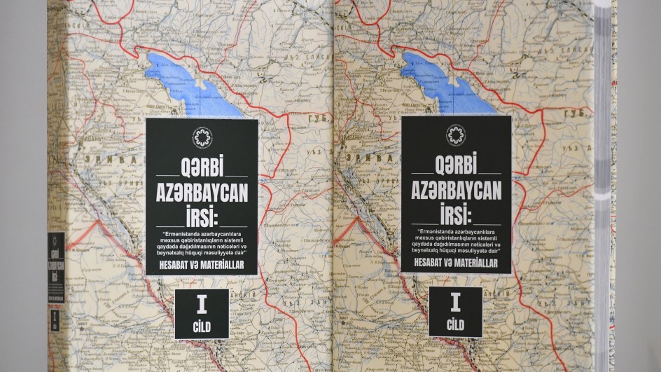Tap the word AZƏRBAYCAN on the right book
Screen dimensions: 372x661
456,190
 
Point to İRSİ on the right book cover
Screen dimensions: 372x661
456,212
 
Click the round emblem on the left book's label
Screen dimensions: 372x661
202,137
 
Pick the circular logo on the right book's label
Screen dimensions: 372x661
456,135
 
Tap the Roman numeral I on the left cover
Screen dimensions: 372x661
202,305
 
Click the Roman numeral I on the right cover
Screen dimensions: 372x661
455,303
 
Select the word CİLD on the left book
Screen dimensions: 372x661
202,326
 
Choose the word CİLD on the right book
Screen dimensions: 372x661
455,324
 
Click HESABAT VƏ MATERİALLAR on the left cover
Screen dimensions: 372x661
202,266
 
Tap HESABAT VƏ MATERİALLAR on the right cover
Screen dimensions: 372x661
456,263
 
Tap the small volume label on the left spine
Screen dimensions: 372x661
55,319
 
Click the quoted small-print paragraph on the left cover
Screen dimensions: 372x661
202,242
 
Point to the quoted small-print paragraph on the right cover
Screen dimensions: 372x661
456,240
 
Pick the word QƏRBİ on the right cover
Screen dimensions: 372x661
456,167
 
